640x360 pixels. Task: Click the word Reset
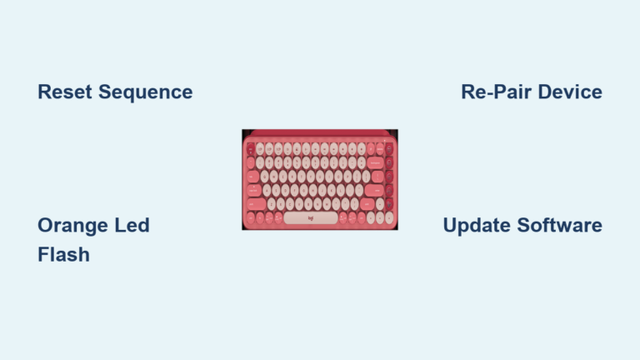pos(66,92)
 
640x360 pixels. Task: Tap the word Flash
pos(63,254)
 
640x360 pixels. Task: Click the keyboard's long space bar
pos(310,218)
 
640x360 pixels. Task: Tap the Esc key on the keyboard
pos(251,147)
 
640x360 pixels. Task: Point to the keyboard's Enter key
pos(376,190)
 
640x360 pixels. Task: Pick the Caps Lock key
pos(254,190)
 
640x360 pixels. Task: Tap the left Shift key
pos(257,204)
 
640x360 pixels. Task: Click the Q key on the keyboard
pos(266,176)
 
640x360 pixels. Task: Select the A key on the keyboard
pos(269,190)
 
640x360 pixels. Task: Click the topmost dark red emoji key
pos(390,147)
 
